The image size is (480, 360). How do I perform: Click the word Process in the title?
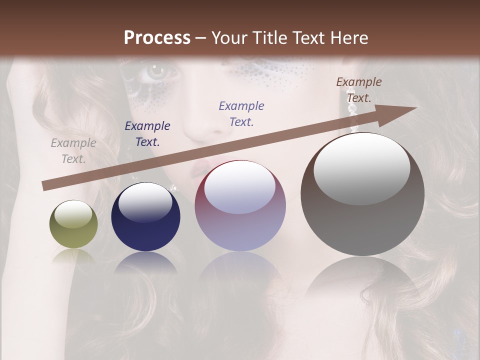coord(157,38)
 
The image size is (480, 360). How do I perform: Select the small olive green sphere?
coord(73,224)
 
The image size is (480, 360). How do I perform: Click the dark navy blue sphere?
coord(145,217)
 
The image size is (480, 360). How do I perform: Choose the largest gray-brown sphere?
coord(362,194)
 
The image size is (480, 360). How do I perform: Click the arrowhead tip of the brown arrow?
coord(415,108)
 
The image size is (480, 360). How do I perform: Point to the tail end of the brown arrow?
coord(45,186)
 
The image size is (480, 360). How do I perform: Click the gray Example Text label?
coord(73,151)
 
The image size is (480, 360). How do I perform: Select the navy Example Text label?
coord(147,134)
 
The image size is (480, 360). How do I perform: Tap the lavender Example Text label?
coord(241,113)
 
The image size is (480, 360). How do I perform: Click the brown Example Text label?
coord(358,90)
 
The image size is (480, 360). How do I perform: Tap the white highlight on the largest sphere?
coord(361,161)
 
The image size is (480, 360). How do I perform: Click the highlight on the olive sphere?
coord(73,214)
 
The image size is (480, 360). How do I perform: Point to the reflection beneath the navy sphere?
coord(145,262)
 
